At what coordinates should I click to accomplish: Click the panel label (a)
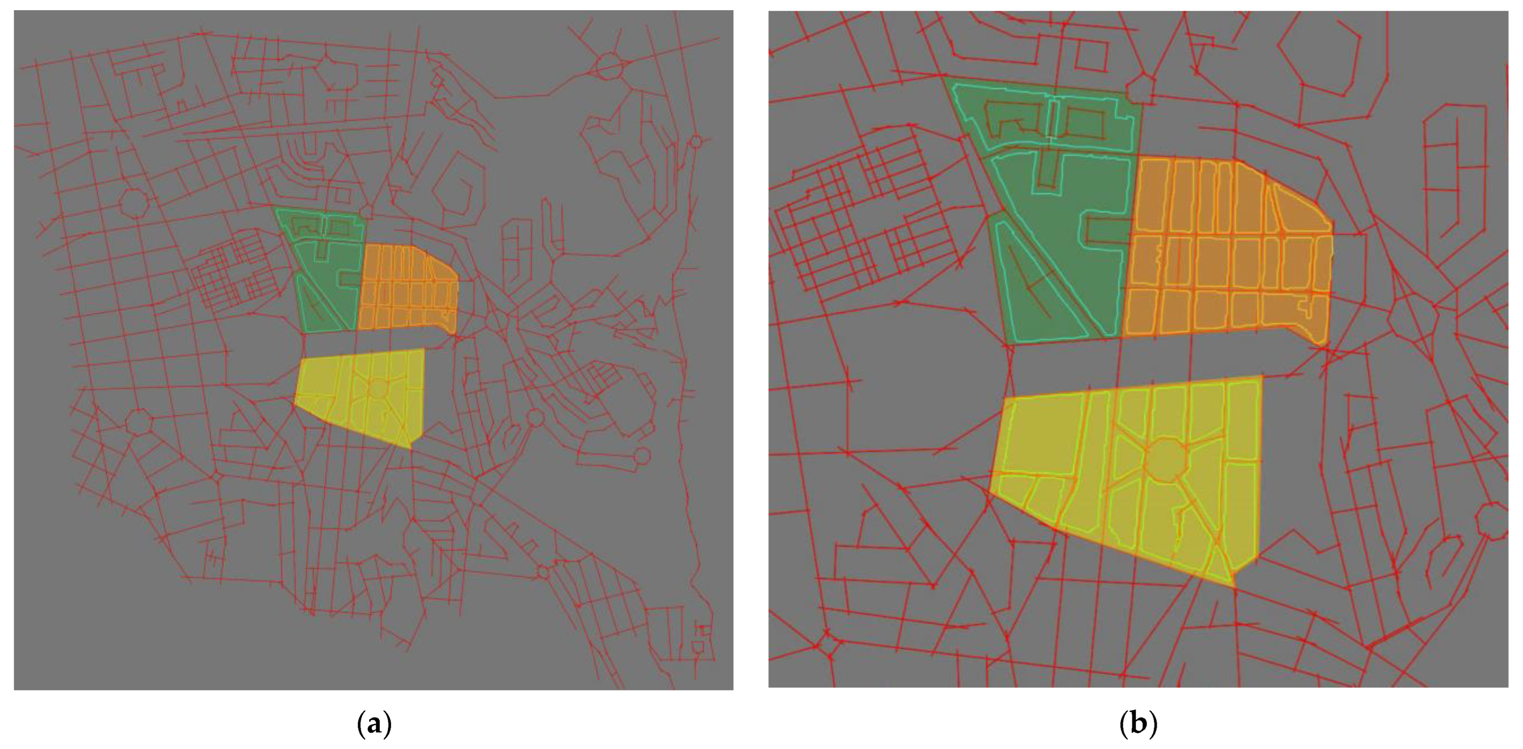pyautogui.click(x=375, y=724)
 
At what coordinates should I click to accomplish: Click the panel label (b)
pyautogui.click(x=1138, y=724)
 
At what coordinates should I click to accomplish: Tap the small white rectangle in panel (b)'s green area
pyautogui.click(x=1052, y=119)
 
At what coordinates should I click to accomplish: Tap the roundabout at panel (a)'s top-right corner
pyautogui.click(x=608, y=65)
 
